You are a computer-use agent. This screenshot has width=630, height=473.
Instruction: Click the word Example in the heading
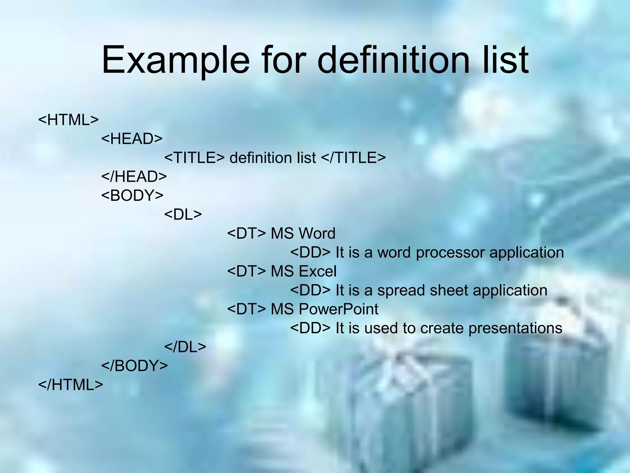[x=175, y=60]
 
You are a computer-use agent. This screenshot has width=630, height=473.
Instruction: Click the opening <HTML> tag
[x=68, y=120]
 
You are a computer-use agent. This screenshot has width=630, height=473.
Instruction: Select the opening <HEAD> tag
[x=132, y=139]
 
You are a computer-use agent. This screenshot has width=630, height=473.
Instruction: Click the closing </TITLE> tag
[x=353, y=158]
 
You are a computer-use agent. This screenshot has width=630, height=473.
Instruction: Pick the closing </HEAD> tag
[x=134, y=176]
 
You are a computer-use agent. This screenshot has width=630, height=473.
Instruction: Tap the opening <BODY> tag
[x=132, y=196]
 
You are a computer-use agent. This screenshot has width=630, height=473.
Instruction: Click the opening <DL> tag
[x=183, y=214]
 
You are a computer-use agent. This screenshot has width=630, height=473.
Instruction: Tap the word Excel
[x=317, y=271]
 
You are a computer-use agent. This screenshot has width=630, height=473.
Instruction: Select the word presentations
[x=515, y=328]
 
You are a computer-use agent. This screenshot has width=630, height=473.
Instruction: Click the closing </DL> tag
[x=185, y=347]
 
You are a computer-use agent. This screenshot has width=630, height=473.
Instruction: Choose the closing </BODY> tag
[x=134, y=366]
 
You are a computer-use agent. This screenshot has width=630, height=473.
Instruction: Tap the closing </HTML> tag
[x=70, y=385]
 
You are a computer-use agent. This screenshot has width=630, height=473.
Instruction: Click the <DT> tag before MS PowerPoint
[x=246, y=309]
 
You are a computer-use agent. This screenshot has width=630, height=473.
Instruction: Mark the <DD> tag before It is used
[x=310, y=328]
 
